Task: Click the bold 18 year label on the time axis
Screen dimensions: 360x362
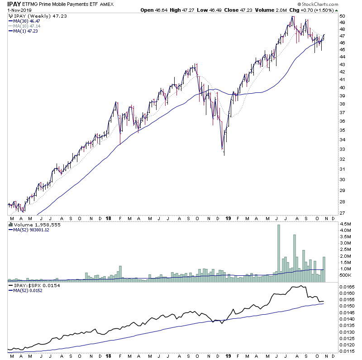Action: (x=109, y=218)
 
